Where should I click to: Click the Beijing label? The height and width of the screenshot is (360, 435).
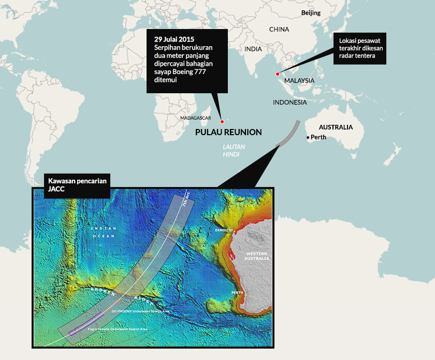pos(311,12)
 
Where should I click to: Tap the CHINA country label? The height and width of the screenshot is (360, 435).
pos(279,30)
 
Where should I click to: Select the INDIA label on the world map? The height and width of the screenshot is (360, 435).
pos(253,49)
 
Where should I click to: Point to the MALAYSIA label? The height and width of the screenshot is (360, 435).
pos(299,81)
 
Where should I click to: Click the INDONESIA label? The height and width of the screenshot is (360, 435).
pos(290,103)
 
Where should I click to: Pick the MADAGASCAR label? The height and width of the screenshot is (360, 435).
pos(196,118)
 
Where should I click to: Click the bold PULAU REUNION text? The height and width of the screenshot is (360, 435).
pos(228,133)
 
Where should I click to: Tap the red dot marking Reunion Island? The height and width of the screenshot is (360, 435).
pos(221,122)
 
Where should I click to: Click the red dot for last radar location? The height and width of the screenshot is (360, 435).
pos(278,74)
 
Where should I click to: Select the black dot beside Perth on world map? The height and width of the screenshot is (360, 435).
pos(308,137)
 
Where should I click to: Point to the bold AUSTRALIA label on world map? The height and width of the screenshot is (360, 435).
pos(336,127)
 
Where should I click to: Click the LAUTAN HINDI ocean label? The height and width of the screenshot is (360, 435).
pos(234,150)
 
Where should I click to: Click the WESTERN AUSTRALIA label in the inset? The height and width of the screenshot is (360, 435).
pos(257,255)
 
